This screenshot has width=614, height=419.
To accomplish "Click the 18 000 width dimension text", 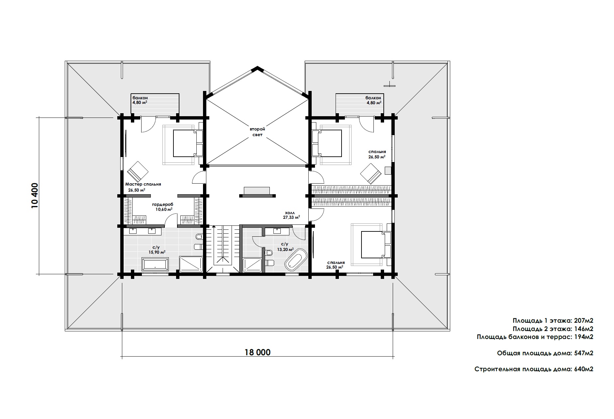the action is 257,352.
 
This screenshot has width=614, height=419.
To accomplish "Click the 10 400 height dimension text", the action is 36,196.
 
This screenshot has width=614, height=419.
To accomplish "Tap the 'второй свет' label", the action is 257,132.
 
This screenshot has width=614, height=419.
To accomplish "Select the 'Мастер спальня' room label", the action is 143,184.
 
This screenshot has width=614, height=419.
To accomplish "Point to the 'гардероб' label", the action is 163,205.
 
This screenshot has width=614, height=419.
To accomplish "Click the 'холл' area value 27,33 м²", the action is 291,217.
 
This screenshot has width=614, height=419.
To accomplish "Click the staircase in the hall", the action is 222,245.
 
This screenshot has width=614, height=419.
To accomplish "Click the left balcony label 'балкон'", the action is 140,98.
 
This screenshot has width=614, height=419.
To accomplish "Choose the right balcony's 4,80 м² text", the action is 373,103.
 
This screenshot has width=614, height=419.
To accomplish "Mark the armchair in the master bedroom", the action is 138,172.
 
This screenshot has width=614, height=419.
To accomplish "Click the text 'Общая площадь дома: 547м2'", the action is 545,353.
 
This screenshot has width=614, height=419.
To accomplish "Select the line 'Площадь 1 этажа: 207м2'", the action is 553,321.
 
